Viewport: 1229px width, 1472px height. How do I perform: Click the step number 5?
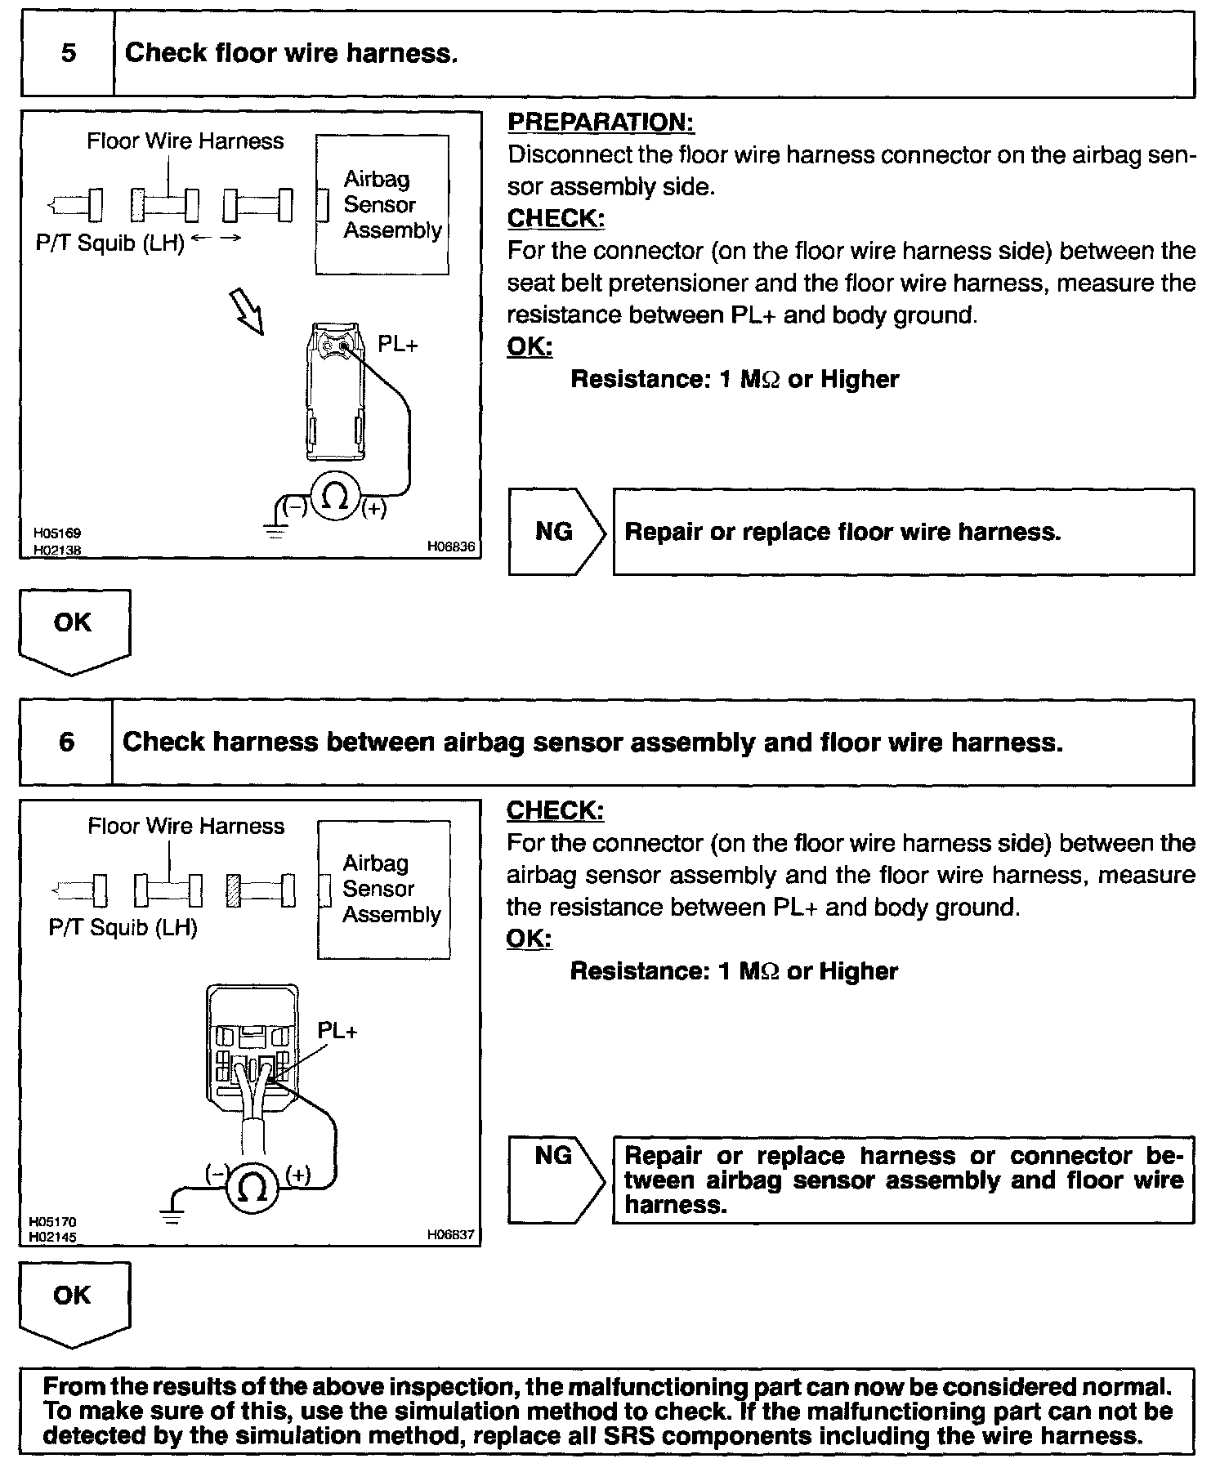[69, 54]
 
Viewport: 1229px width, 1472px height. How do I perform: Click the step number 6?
[67, 743]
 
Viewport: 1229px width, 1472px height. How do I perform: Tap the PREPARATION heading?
[601, 123]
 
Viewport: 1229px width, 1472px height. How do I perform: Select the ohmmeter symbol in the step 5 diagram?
[334, 496]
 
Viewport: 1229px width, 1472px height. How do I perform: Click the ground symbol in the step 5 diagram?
[276, 531]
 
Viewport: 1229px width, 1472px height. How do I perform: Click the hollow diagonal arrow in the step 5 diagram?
[248, 312]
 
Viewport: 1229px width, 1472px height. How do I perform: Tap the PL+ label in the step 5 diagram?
[397, 346]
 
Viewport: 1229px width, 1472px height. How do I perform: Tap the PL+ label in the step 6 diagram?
[337, 1031]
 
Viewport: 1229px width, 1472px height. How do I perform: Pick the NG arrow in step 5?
[556, 532]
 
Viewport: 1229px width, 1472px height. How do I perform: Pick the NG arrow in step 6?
[556, 1179]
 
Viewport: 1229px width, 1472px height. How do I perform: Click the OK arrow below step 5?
[74, 630]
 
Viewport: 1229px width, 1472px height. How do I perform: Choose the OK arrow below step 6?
[74, 1302]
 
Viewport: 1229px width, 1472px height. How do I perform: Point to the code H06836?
[450, 546]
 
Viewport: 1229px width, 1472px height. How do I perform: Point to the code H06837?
[450, 1234]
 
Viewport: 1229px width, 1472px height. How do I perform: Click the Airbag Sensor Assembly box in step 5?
[382, 204]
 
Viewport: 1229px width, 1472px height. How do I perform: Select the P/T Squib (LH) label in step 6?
[123, 928]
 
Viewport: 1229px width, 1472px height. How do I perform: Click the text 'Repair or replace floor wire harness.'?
[842, 533]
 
